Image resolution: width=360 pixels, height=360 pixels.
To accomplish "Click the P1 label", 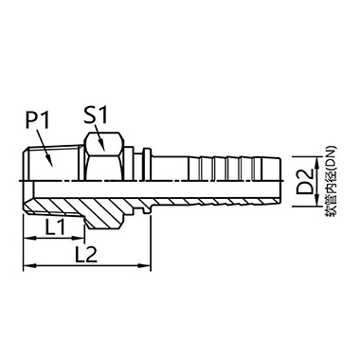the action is click(x=38, y=122).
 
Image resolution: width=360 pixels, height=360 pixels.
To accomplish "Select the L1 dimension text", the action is click(x=55, y=228).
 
